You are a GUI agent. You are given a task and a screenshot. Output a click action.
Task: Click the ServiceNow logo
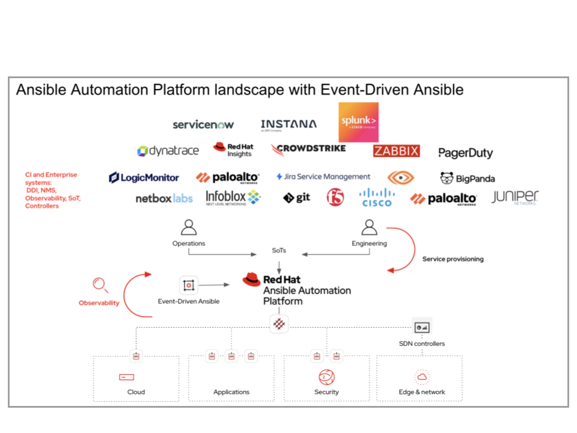pos(203,124)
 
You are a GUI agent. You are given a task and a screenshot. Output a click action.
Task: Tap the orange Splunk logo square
pos(359,122)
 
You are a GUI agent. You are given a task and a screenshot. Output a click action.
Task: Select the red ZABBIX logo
pos(396,151)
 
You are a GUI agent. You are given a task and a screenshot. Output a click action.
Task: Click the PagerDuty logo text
pos(465,153)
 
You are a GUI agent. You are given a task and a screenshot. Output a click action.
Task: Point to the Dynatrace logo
pos(168,151)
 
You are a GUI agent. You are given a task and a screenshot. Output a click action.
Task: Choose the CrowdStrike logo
pos(308,149)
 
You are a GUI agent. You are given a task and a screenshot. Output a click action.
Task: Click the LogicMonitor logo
pos(144,177)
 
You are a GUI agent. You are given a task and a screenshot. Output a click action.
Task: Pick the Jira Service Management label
pos(323,177)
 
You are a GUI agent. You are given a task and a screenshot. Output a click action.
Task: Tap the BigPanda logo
pos(468,178)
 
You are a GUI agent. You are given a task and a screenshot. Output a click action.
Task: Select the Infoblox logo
pos(233,197)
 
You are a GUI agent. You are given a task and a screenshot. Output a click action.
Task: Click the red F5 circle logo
pos(335,197)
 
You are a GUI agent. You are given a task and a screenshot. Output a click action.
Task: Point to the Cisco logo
pos(377,197)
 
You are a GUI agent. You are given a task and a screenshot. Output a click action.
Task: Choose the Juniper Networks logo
pos(515,198)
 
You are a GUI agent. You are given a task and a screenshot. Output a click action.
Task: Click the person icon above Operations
pos(189,227)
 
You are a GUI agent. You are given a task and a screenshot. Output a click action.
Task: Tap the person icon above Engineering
pos(369,227)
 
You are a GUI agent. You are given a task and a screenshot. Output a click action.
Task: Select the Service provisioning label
pos(453,259)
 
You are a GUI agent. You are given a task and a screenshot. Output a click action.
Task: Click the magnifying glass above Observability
pos(100,285)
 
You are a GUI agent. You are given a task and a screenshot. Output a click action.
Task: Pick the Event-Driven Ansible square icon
pos(189,285)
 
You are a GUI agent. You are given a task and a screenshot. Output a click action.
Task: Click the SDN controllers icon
pos(422,327)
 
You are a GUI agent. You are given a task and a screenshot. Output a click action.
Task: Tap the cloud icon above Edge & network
pos(422,377)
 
